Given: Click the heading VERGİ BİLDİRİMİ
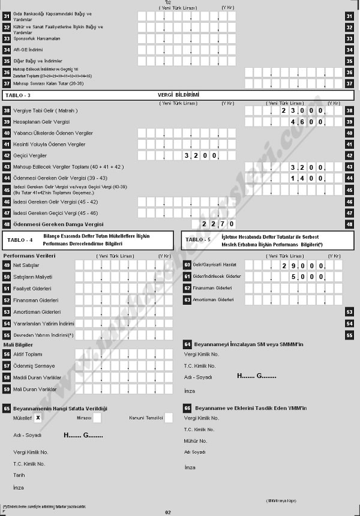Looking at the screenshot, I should pyautogui.click(x=178, y=95).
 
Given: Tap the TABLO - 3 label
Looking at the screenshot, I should pyautogui.click(x=18, y=95).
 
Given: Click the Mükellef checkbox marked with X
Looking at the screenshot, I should pyautogui.click(x=38, y=417).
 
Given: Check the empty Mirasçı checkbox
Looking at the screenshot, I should pyautogui.click(x=97, y=417).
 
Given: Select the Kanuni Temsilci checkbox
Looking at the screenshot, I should pyautogui.click(x=168, y=417).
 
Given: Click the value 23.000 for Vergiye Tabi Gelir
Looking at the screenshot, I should pyautogui.click(x=303, y=111).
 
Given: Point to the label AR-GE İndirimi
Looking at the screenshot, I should pyautogui.click(x=29, y=50).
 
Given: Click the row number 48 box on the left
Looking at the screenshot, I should pyautogui.click(x=7, y=224).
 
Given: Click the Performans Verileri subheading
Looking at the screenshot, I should pyautogui.click(x=29, y=256).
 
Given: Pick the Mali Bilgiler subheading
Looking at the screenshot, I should pyautogui.click(x=19, y=344).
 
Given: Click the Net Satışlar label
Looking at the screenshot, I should pyautogui.click(x=26, y=265).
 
